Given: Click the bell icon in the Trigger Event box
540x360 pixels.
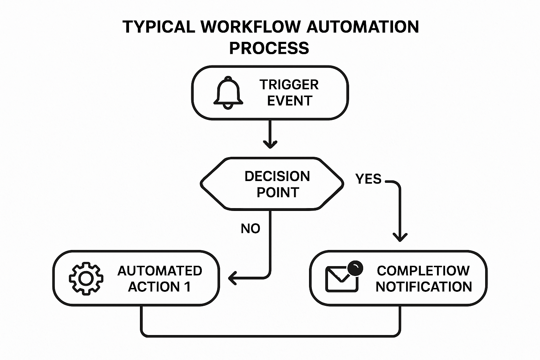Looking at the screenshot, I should (x=228, y=92).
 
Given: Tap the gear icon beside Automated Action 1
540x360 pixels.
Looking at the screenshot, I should (x=86, y=278).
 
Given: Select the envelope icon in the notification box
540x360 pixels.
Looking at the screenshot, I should (x=341, y=279).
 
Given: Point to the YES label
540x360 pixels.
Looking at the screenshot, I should (x=368, y=179).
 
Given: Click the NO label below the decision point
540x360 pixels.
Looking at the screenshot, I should (x=250, y=229).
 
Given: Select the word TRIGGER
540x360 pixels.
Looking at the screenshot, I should (x=289, y=85).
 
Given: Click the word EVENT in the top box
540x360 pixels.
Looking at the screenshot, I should (x=290, y=101).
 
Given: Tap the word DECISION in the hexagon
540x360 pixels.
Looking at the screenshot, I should (x=277, y=176).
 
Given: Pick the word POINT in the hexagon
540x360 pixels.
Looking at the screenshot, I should (x=278, y=193).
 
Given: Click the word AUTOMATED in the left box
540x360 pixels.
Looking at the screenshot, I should (x=160, y=271).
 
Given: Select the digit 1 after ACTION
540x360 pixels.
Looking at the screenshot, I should (x=187, y=287).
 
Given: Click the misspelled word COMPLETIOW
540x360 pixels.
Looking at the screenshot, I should (x=423, y=271).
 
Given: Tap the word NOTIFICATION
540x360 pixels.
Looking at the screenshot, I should (x=424, y=287).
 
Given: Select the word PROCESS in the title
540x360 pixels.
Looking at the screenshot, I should (x=269, y=48).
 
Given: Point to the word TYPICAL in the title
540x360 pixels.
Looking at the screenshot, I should (x=159, y=27).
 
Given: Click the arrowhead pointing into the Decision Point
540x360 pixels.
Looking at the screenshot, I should (x=270, y=144).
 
